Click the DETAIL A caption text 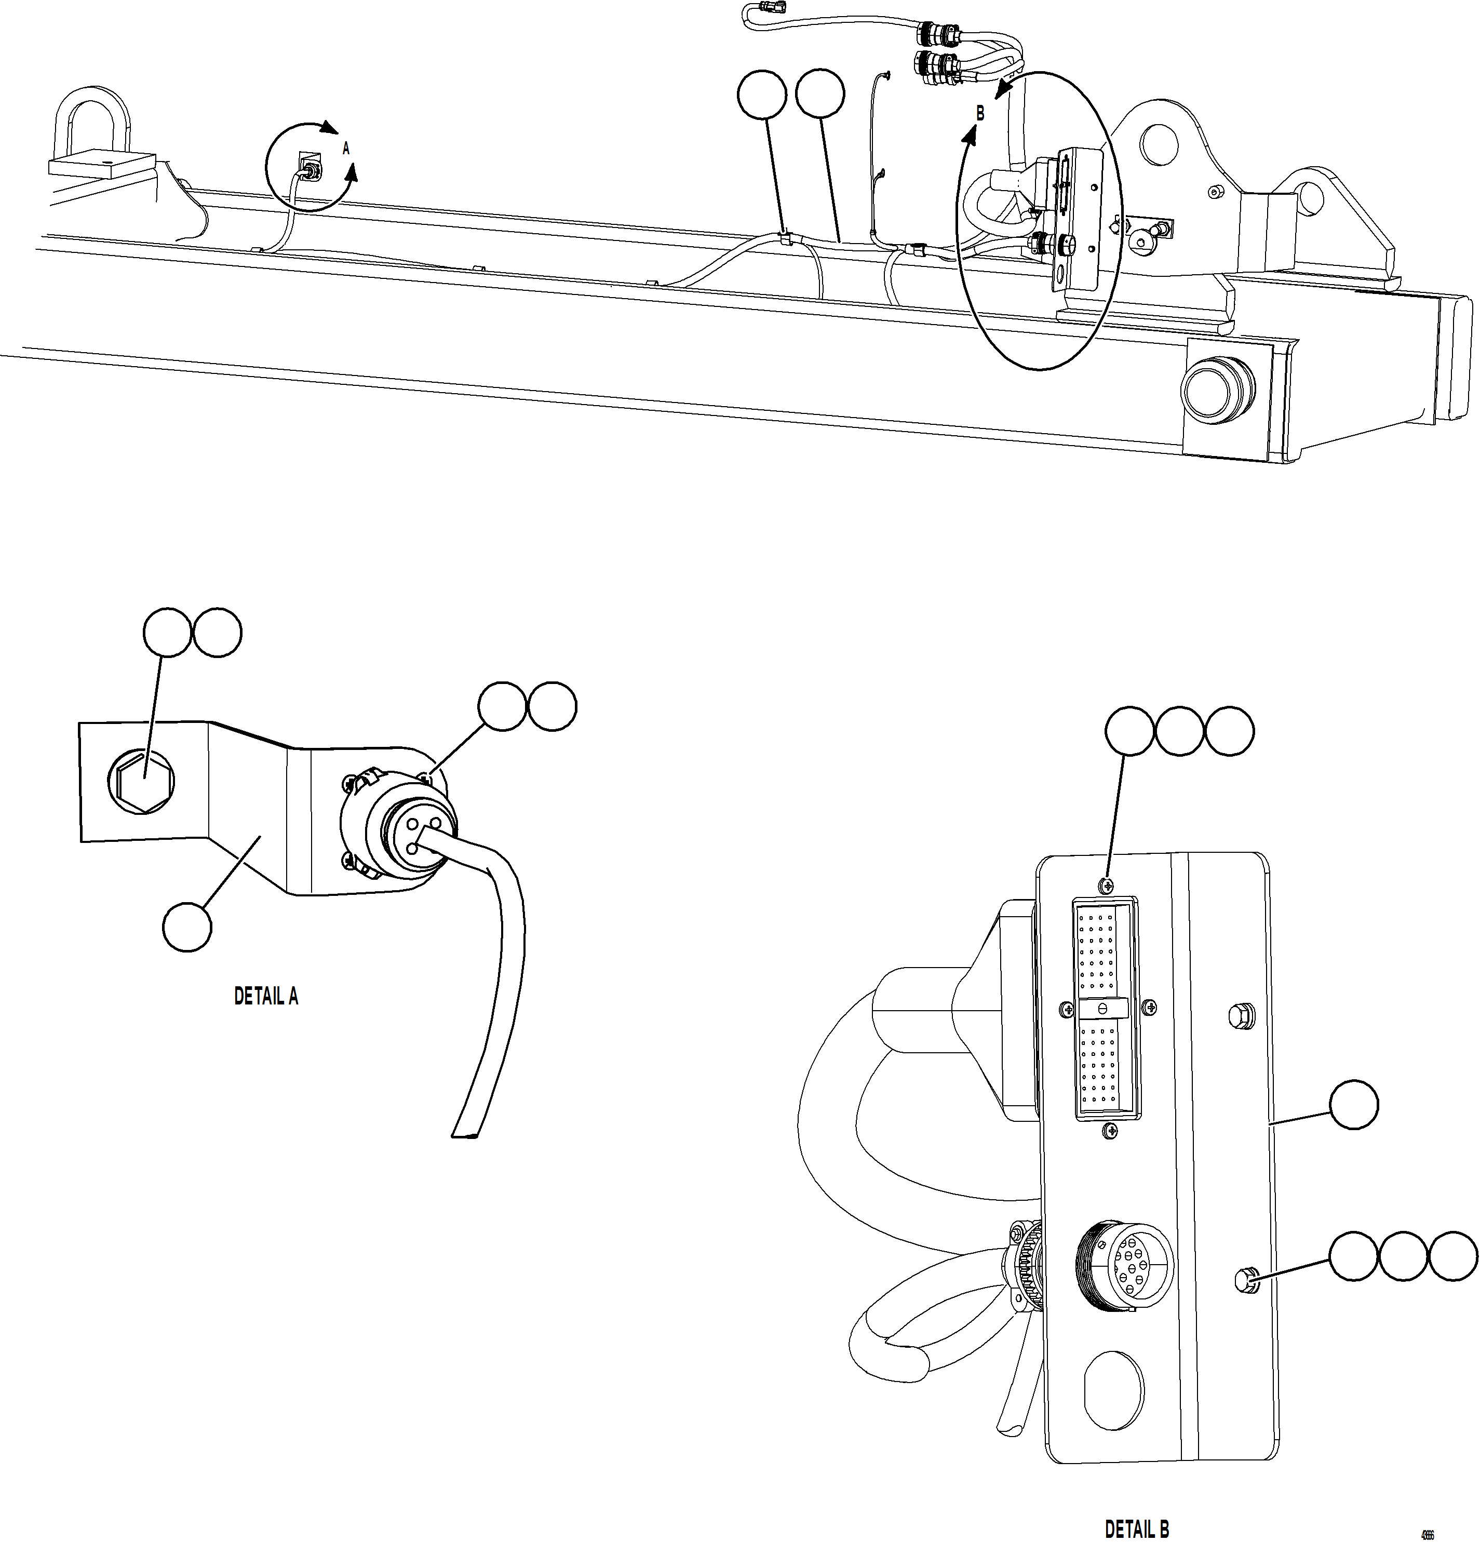266,996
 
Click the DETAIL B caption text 1137,1528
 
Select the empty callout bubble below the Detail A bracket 187,928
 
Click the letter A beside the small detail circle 345,148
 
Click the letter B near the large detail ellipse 979,113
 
